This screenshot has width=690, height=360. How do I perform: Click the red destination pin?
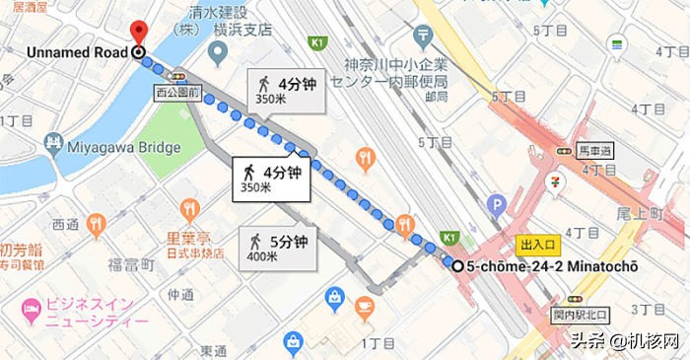[x=138, y=32]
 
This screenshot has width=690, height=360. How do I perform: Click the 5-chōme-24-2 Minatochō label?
[x=552, y=266]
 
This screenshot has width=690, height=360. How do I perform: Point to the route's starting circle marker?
[x=456, y=265]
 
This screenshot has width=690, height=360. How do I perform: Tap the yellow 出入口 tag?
[x=539, y=245]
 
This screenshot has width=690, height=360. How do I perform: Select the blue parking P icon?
[x=496, y=206]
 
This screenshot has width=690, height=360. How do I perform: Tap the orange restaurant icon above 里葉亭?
[x=190, y=209]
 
